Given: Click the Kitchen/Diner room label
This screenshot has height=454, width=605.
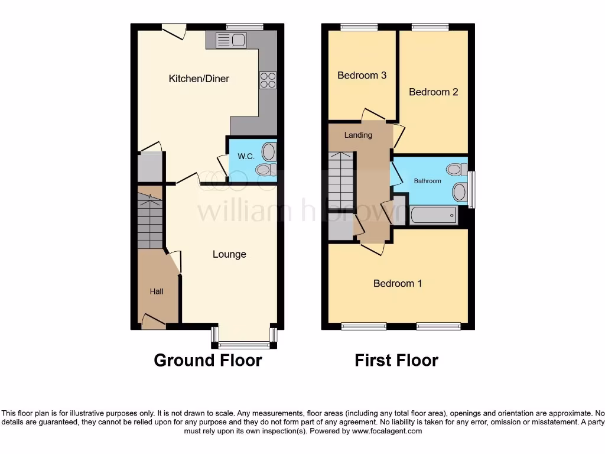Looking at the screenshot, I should [199, 79].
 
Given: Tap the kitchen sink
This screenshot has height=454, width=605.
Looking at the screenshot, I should [231, 40].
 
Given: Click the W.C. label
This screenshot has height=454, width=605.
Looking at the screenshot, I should [246, 157].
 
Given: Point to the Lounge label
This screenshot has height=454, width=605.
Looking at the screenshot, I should [229, 254].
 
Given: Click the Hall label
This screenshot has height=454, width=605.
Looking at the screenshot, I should [156, 291].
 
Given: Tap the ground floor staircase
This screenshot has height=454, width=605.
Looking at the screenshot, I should [150, 219].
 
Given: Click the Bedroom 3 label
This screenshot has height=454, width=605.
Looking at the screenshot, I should [362, 75].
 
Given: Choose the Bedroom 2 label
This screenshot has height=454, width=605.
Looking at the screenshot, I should [433, 92].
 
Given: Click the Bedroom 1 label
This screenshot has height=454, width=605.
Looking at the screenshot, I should [398, 283].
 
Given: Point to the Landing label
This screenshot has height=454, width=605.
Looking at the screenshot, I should [358, 135].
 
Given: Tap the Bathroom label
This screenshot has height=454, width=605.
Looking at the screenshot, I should [427, 181].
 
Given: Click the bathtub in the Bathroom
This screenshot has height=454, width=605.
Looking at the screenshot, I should [433, 215].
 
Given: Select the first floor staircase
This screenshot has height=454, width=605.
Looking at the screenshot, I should [340, 177].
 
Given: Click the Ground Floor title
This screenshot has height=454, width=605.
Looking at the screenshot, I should [207, 360].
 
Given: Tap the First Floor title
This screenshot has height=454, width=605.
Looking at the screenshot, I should [396, 360].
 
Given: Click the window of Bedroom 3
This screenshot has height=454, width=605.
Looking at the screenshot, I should [359, 27].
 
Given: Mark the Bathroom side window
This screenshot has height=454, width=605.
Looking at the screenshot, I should [471, 190].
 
